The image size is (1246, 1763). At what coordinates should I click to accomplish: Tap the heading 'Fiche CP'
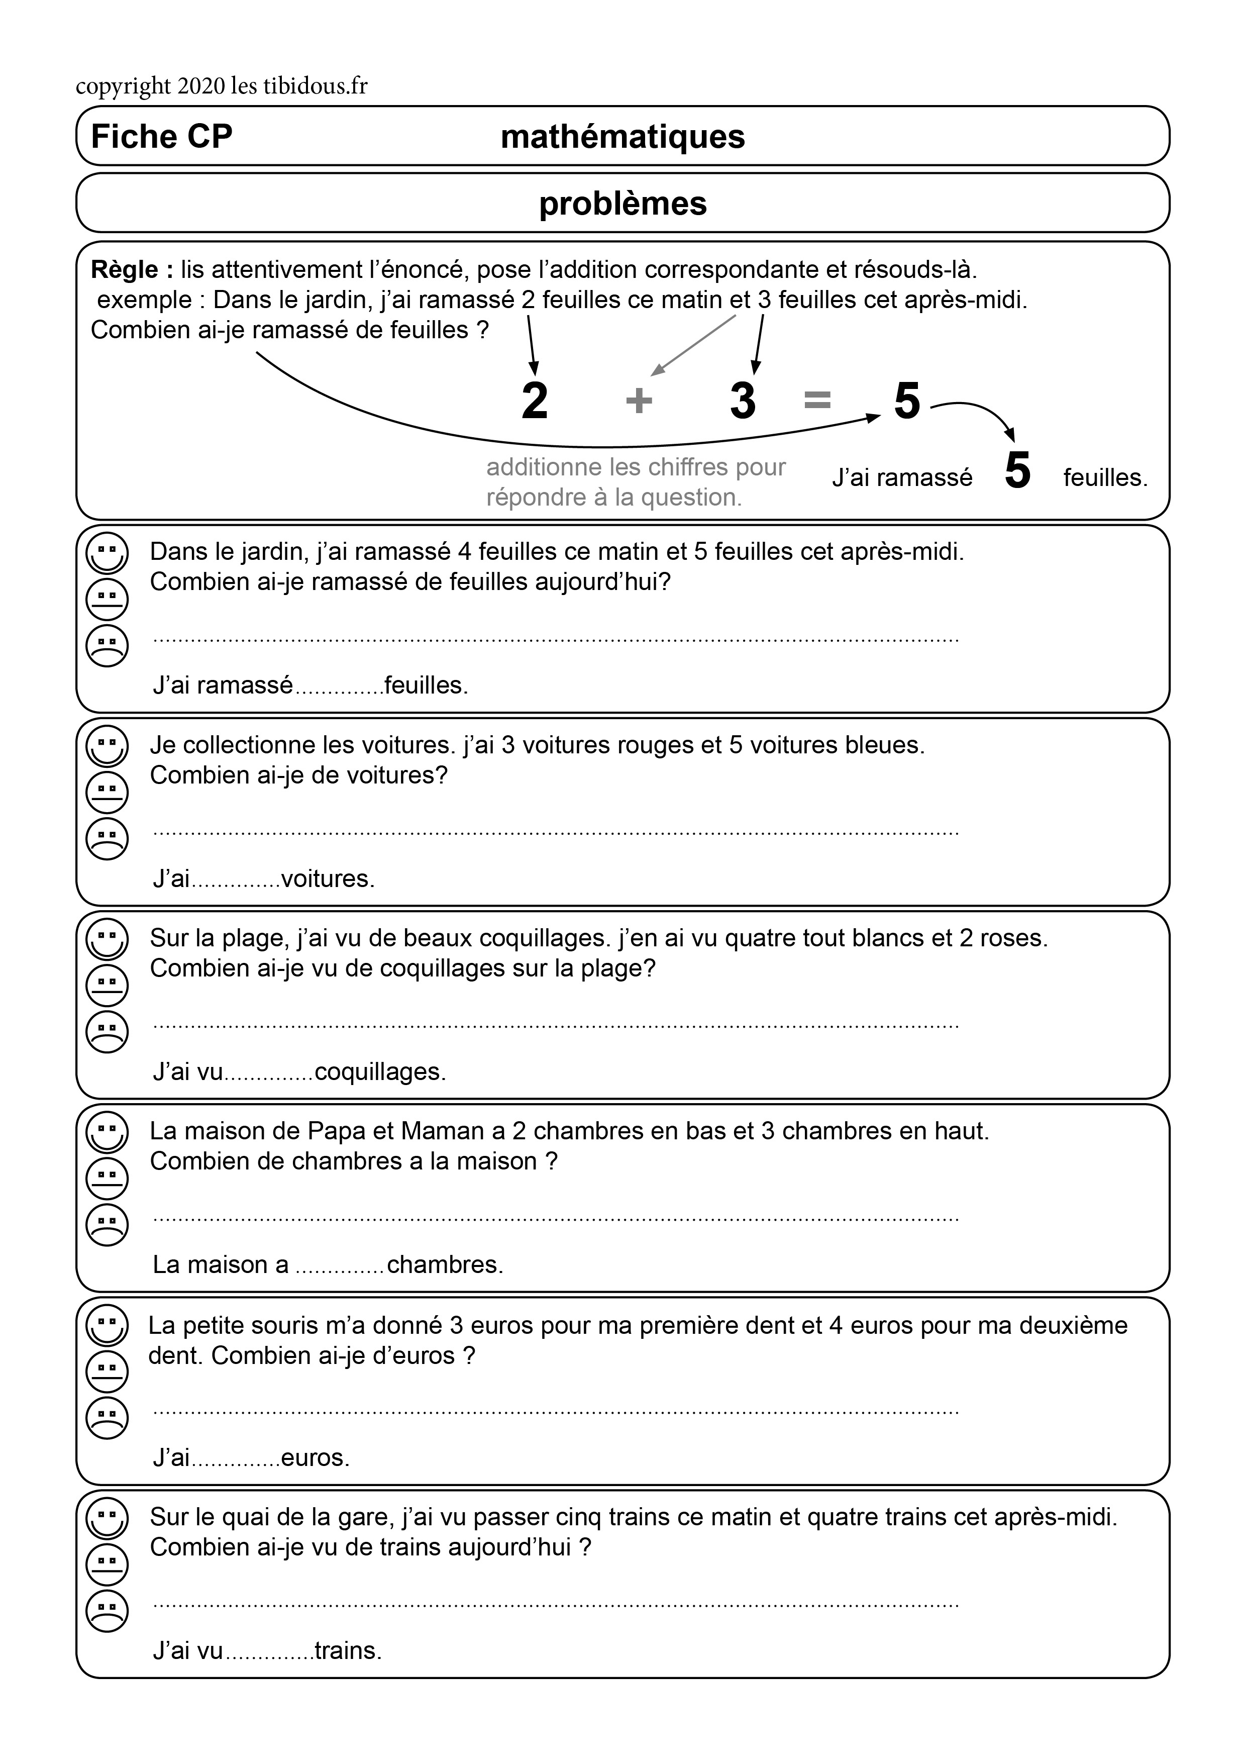(x=161, y=137)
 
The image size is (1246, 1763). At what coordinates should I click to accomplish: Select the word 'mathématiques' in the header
(x=622, y=137)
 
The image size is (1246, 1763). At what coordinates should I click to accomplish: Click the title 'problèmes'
(x=622, y=204)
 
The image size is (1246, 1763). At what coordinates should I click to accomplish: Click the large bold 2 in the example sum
(x=535, y=401)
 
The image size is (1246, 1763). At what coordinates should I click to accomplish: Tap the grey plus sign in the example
(x=639, y=401)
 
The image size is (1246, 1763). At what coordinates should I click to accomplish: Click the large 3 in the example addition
(x=743, y=401)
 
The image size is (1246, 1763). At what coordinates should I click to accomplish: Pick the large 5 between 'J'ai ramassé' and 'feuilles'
(x=1017, y=471)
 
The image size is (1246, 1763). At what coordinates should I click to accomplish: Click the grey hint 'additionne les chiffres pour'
(x=636, y=467)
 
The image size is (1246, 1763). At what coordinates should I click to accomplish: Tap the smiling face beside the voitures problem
(x=108, y=746)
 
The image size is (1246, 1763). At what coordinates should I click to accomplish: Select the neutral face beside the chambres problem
(x=108, y=1178)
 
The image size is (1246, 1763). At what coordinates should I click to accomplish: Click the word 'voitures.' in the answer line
(x=328, y=878)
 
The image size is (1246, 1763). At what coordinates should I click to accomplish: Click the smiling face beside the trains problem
(x=108, y=1517)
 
